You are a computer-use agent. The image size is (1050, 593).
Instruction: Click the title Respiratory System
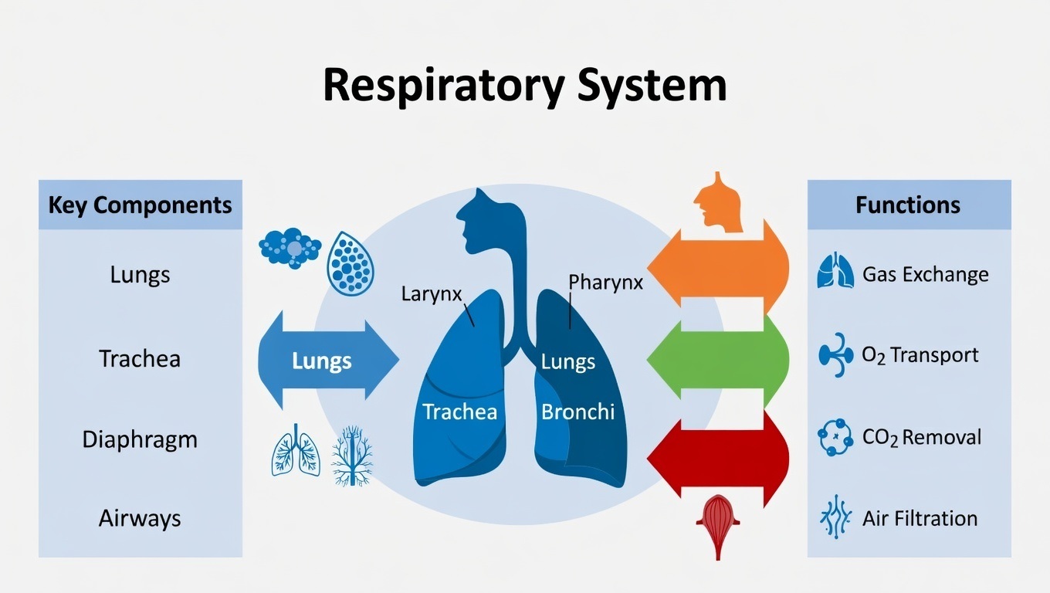524,86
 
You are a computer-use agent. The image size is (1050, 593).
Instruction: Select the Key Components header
140,205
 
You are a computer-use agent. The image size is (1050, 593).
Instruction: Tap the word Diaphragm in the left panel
140,439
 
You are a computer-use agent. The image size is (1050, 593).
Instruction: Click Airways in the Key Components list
140,518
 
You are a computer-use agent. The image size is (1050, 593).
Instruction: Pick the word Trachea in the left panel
140,358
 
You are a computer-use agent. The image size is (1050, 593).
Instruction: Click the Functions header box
908,205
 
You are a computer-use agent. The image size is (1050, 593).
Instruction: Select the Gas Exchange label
925,274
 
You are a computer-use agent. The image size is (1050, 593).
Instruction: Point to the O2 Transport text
920,355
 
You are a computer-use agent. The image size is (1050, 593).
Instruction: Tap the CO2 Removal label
921,437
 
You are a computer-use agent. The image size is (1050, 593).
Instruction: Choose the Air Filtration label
920,518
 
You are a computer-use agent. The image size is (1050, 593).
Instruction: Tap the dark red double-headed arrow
717,460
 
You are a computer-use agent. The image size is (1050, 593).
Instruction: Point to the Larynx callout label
431,294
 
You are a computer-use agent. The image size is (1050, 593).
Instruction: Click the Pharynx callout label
605,282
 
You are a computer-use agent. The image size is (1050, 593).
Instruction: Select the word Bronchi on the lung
577,412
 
